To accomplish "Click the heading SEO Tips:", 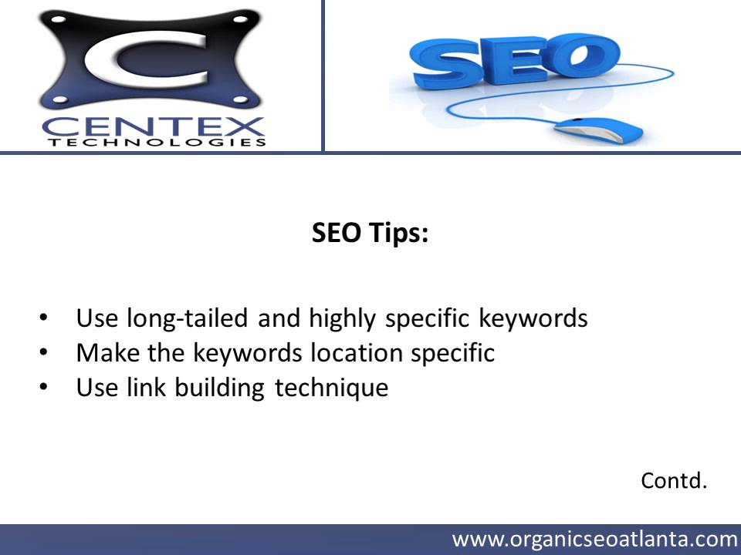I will point(370,233).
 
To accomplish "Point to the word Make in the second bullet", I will point(103,353).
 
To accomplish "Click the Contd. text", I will point(674,482).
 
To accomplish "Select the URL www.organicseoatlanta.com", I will point(594,538).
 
